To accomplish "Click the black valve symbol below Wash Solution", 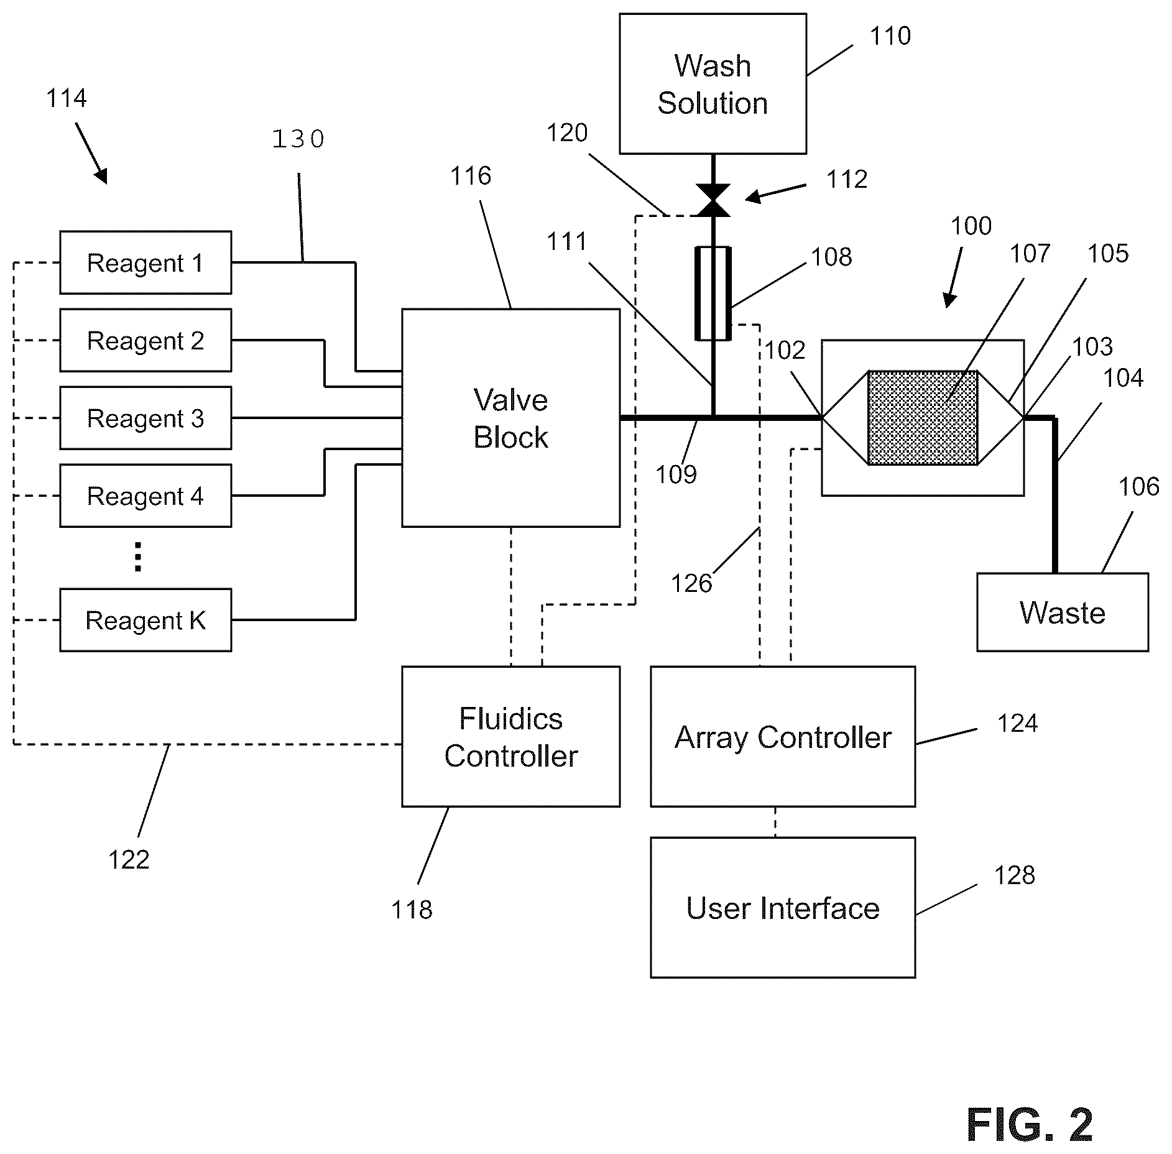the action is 713,200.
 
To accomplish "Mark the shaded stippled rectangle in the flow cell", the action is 923,418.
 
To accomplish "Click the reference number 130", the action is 298,139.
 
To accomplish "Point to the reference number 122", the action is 129,860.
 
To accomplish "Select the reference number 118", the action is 412,910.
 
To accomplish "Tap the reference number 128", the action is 1015,875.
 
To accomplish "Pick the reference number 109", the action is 676,475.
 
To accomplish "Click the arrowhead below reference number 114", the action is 101,176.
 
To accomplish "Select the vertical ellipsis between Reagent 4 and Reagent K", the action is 138,556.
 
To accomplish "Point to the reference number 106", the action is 1139,487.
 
